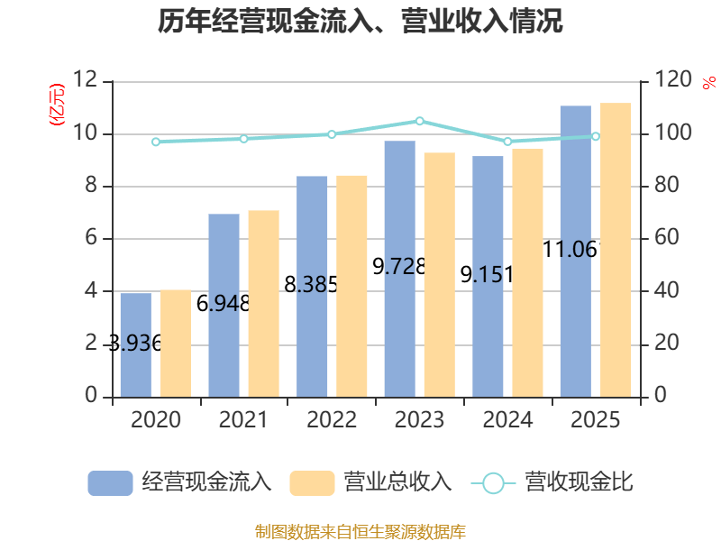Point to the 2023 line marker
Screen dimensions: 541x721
click(x=420, y=121)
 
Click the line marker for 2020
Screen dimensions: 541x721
click(x=156, y=142)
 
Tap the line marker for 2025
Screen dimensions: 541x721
click(x=596, y=136)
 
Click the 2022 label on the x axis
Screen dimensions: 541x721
click(x=332, y=420)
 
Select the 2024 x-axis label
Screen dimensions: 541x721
click(x=507, y=420)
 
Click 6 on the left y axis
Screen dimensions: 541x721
click(x=91, y=239)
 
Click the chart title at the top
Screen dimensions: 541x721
click(x=360, y=22)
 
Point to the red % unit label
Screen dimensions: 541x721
click(x=708, y=83)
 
